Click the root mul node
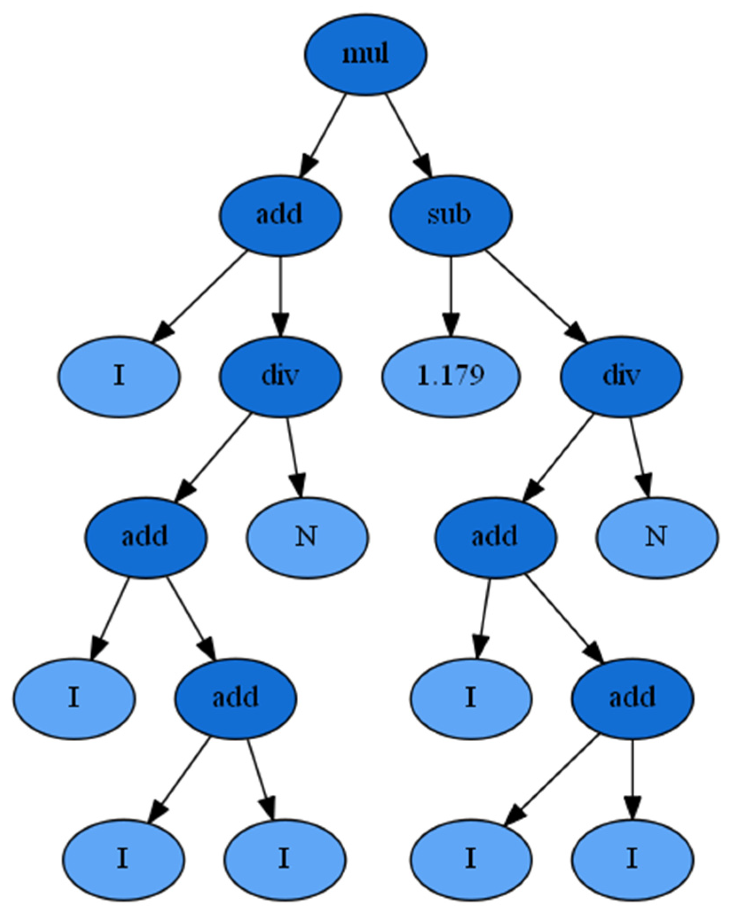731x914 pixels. click(x=365, y=54)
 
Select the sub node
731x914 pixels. click(x=451, y=215)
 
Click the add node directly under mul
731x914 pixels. click(x=279, y=215)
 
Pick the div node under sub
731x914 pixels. click(x=621, y=376)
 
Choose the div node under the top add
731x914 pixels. click(x=279, y=376)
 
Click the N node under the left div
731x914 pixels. click(x=307, y=537)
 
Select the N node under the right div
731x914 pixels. click(x=656, y=537)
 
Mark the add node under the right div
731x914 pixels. click(x=495, y=537)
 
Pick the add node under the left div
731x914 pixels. click(x=145, y=537)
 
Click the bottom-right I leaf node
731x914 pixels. click(x=632, y=859)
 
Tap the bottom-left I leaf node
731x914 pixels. click(x=123, y=859)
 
